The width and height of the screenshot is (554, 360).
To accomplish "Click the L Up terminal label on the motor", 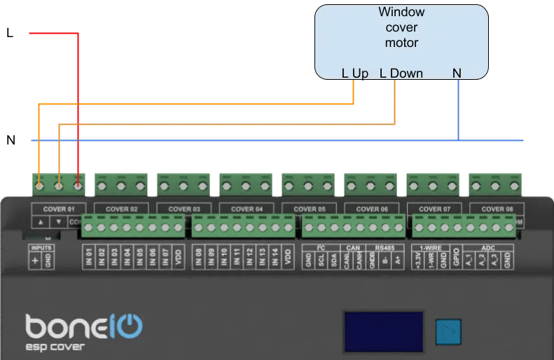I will [354, 73].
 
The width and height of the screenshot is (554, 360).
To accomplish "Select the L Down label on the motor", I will [401, 73].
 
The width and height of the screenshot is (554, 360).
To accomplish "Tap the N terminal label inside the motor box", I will [457, 73].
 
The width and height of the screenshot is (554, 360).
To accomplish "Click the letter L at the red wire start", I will [9, 32].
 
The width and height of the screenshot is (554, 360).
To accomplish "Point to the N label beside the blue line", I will [11, 140].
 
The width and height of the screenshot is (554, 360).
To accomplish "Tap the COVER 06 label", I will [371, 209].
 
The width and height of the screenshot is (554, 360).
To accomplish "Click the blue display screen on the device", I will [383, 331].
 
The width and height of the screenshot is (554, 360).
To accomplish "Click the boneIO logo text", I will [84, 326].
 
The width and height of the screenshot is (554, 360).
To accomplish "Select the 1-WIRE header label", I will [429, 247].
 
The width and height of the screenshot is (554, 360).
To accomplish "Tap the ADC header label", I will [487, 247].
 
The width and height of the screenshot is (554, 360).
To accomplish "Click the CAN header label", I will [353, 247].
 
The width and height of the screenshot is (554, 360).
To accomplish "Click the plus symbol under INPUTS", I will [35, 261].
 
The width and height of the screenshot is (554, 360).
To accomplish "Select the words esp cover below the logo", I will [56, 347].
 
